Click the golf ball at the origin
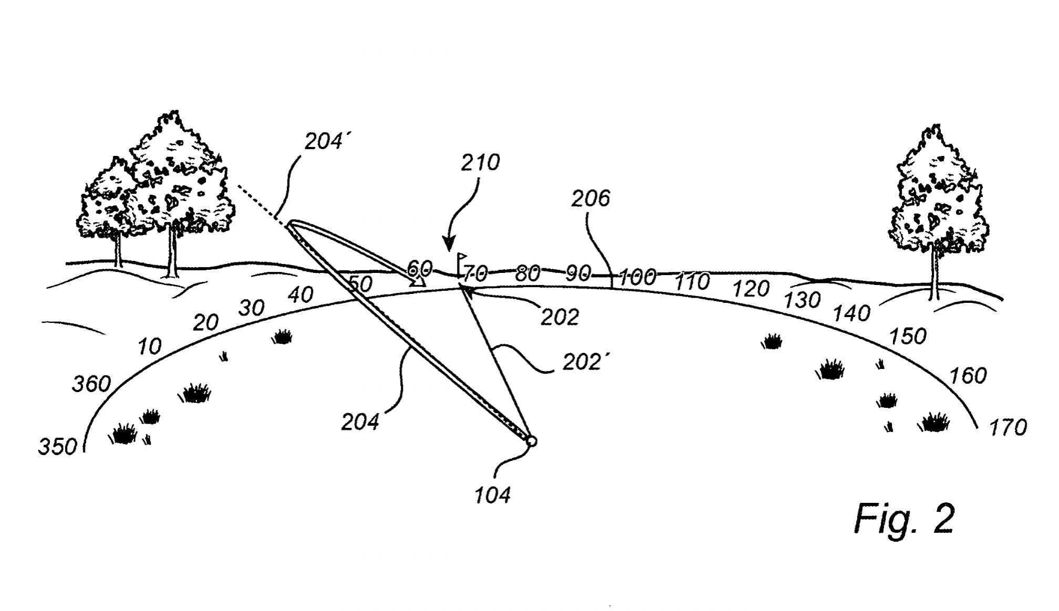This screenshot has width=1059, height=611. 531,441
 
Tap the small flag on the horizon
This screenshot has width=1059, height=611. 461,258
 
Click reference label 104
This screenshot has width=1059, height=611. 492,495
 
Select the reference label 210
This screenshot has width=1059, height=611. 480,163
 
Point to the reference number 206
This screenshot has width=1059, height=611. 590,198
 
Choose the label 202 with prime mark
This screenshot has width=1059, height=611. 582,362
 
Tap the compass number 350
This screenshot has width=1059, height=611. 58,447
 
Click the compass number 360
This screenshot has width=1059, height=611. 91,384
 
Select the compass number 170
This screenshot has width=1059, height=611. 1008,428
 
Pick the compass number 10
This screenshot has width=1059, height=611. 149,346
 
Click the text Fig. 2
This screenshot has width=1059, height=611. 904,519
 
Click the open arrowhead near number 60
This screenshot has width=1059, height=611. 419,281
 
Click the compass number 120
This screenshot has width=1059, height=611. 751,289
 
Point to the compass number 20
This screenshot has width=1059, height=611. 205,322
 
